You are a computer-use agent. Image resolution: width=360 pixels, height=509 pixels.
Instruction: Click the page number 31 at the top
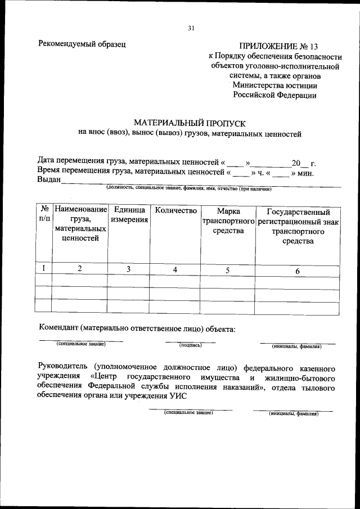click(x=191, y=29)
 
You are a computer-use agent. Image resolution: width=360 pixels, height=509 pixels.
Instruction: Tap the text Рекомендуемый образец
click(x=82, y=43)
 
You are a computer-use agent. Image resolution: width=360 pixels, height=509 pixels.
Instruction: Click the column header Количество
click(x=175, y=210)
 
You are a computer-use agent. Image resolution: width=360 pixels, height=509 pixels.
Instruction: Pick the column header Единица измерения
click(x=129, y=215)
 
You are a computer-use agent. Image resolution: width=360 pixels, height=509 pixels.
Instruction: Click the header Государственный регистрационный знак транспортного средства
click(x=298, y=226)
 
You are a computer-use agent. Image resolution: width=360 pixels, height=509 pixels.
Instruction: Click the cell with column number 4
click(x=175, y=269)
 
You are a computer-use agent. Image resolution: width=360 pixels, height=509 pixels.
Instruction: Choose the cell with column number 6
click(x=298, y=271)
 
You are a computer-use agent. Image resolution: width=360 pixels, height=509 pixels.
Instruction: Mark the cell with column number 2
click(x=80, y=269)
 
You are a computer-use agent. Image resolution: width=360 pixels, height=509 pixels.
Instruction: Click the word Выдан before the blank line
click(x=48, y=180)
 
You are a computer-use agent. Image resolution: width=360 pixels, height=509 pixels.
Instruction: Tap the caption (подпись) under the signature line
click(x=190, y=345)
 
